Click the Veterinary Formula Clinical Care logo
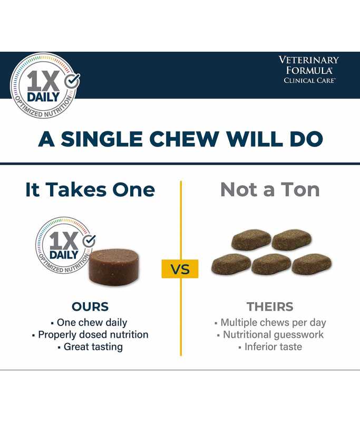[x=309, y=70]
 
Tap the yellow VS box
[x=180, y=269]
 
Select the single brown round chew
[x=114, y=267]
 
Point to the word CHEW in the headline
[x=184, y=139]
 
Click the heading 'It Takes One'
[x=90, y=190]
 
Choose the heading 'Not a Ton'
[x=270, y=190]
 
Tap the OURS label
[x=90, y=306]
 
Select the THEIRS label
[x=270, y=306]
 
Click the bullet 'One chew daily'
[x=89, y=322]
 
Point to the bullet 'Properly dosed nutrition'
[x=90, y=334]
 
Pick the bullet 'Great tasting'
[x=90, y=347]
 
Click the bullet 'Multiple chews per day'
[x=270, y=322]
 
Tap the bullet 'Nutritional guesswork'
[x=270, y=334]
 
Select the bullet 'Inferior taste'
[x=270, y=347]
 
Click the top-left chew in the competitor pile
[x=251, y=240]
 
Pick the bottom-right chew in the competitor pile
[x=312, y=264]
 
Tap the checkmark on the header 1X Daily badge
[x=72, y=81]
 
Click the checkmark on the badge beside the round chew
[x=89, y=241]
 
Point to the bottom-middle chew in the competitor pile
[x=271, y=264]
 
